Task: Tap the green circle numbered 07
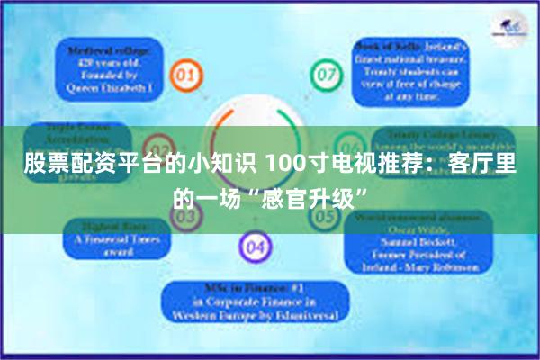point(325,72)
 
